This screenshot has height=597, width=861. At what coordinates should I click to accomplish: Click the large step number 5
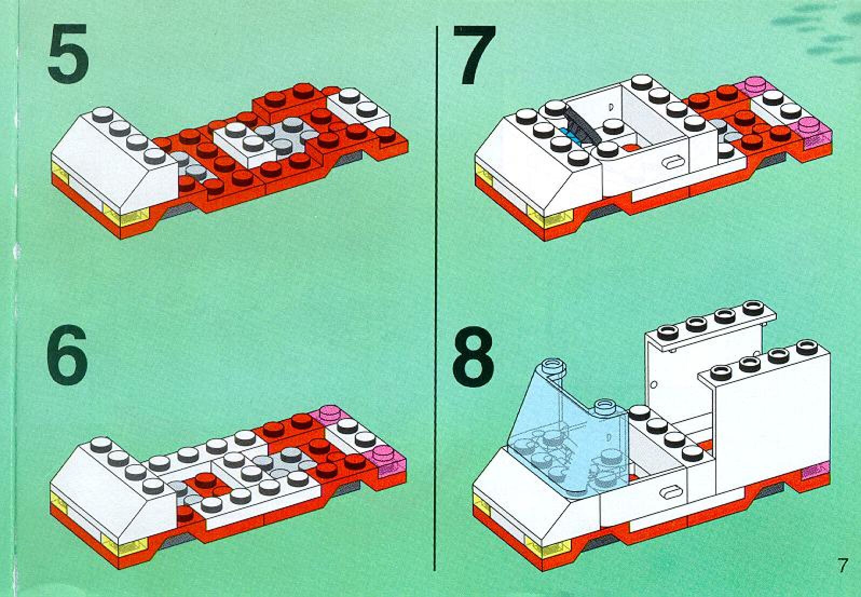pos(68,50)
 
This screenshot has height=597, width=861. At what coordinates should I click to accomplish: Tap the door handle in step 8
pos(670,492)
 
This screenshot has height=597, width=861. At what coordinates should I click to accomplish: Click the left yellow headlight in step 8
pos(482,506)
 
